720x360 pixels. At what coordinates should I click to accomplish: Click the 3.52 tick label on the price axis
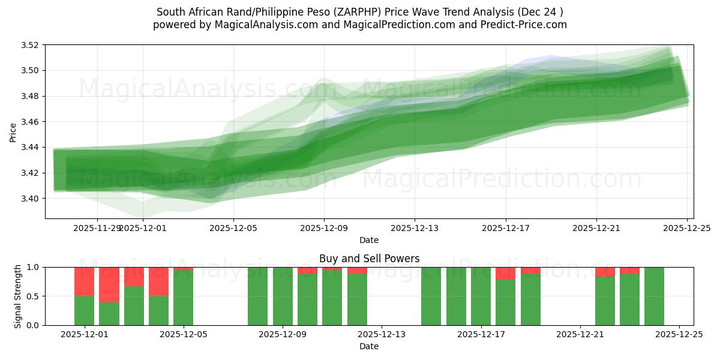(30, 45)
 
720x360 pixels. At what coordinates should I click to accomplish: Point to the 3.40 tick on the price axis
(30, 199)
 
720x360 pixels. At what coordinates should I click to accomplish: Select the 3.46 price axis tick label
(30, 122)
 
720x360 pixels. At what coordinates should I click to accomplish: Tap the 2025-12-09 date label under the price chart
(324, 228)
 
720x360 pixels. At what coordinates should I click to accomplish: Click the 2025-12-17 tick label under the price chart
(505, 228)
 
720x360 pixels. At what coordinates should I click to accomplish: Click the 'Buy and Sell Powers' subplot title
(369, 259)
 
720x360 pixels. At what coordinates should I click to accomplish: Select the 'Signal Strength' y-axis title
(18, 296)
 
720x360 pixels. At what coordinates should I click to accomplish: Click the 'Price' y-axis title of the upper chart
(13, 132)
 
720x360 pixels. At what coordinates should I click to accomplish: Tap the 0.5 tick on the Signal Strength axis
(32, 296)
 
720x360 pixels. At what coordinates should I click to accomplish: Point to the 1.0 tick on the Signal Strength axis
(32, 268)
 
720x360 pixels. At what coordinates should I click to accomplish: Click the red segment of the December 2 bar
(109, 284)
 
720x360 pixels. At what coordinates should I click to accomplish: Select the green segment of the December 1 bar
(84, 310)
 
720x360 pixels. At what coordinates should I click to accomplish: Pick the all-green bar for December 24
(654, 296)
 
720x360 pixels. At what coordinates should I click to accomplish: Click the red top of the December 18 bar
(505, 274)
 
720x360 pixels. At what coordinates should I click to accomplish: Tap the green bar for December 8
(257, 296)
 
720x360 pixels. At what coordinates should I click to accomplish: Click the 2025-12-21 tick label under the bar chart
(580, 335)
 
